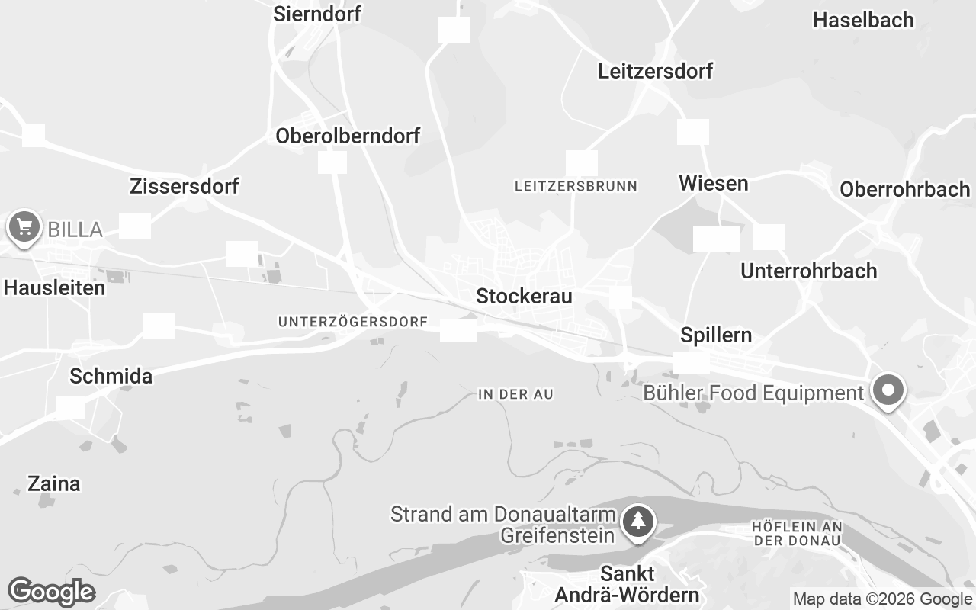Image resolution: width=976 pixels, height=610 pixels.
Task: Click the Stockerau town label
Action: click(524, 296)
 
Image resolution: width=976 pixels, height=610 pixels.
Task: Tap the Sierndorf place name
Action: click(316, 14)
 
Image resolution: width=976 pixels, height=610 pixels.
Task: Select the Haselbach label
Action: click(863, 20)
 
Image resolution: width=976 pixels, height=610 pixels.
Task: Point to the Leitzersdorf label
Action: click(656, 71)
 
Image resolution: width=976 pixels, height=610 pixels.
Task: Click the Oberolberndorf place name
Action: click(348, 136)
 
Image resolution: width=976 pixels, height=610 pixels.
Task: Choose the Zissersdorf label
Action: click(185, 186)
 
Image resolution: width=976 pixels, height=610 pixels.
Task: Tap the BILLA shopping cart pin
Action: click(24, 226)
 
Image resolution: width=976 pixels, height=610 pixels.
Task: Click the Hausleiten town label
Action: click(54, 288)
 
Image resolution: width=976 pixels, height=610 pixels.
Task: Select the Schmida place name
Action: click(111, 376)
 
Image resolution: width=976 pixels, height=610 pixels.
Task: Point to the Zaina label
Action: click(53, 483)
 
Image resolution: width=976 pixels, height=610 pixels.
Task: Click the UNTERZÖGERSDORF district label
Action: click(353, 322)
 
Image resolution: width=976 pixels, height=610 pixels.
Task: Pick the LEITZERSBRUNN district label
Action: click(576, 185)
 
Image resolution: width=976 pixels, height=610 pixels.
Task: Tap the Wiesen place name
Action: click(714, 183)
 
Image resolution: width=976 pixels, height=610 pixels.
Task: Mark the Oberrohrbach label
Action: click(904, 189)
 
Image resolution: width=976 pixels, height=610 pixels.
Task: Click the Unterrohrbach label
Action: click(809, 271)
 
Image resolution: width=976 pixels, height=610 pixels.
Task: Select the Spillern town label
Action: click(716, 335)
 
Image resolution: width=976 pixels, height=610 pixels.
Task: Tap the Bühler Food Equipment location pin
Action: click(888, 390)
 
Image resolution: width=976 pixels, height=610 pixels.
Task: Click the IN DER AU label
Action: click(515, 394)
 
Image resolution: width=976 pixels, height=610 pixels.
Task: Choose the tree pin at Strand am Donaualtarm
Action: click(638, 522)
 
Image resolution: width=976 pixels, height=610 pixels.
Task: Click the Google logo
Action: click(51, 592)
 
